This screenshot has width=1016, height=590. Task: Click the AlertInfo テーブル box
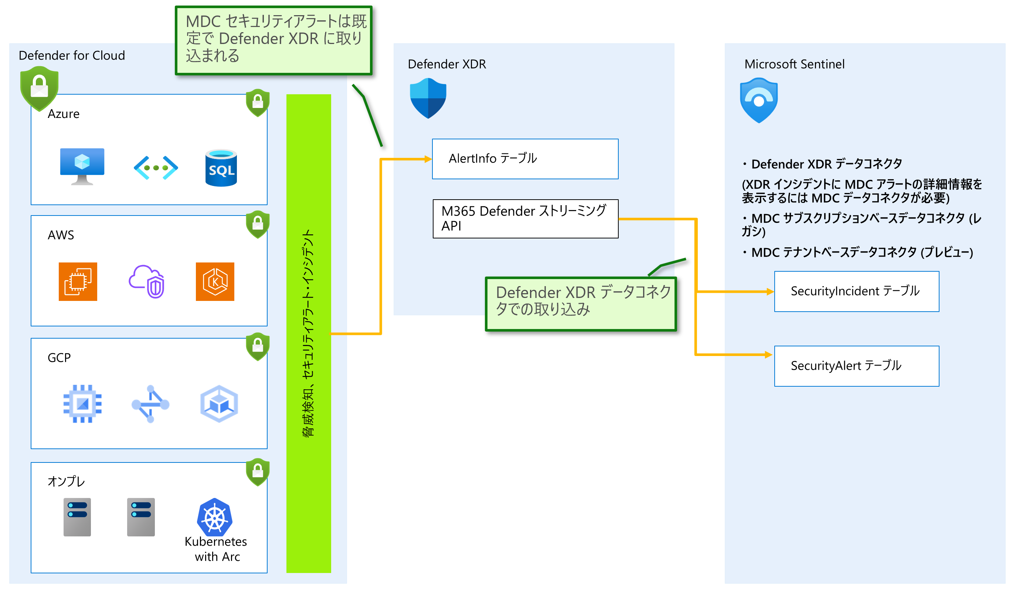[x=524, y=159]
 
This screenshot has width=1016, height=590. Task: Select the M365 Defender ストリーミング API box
[x=525, y=218]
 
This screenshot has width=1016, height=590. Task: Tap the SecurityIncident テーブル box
[x=856, y=291]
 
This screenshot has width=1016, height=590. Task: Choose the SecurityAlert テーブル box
[x=856, y=366]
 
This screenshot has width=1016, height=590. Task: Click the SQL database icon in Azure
[x=221, y=168]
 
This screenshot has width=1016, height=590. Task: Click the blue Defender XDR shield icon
[x=428, y=98]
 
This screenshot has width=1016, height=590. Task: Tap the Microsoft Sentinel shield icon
[x=758, y=100]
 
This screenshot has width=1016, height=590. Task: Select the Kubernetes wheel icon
[x=214, y=518]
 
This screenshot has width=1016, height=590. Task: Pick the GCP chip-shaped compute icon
[x=82, y=404]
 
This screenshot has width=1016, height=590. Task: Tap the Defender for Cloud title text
[x=72, y=55]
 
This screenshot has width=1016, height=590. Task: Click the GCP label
[x=59, y=358]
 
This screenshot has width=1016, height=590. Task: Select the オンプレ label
[x=66, y=481]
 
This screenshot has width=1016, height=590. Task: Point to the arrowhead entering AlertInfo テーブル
[x=428, y=159]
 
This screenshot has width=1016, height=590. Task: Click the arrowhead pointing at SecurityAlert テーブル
[x=768, y=355]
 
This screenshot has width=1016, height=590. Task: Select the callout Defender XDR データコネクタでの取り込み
[x=581, y=303]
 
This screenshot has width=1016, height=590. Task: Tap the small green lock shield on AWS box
[x=258, y=224]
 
